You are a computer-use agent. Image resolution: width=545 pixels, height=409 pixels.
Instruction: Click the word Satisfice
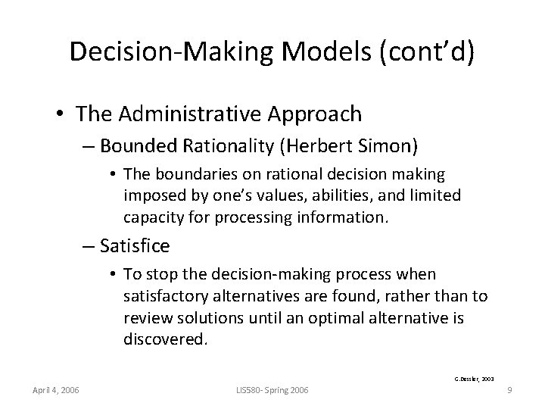pos(134,246)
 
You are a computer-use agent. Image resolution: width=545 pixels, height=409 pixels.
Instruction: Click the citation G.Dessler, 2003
pos(473,376)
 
